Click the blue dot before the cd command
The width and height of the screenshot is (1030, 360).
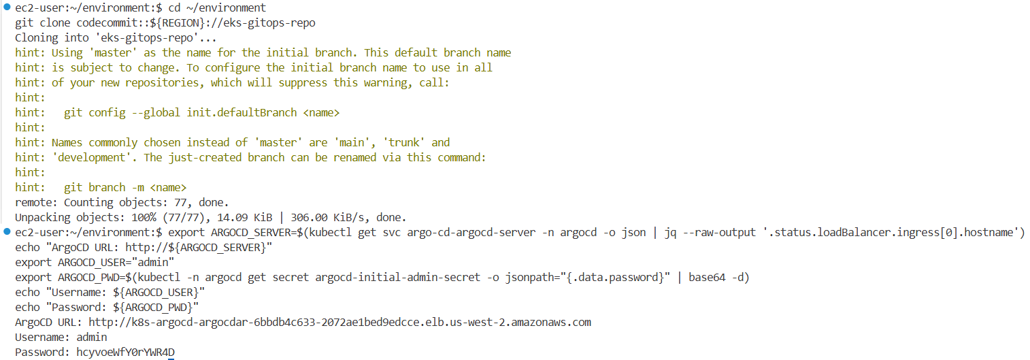7,7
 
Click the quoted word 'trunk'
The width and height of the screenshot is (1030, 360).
407,142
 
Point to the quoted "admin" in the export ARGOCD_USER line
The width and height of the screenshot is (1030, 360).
156,262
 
